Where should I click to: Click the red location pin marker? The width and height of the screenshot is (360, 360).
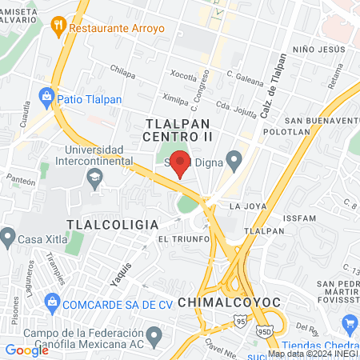click(x=181, y=162)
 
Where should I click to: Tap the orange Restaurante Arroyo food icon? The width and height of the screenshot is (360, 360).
click(x=58, y=26)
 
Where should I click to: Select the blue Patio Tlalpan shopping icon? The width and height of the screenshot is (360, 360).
click(x=46, y=98)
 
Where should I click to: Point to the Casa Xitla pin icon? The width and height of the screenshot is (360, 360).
click(x=8, y=236)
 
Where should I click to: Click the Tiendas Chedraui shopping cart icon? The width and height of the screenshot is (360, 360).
click(x=350, y=324)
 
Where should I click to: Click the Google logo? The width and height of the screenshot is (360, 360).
click(x=26, y=350)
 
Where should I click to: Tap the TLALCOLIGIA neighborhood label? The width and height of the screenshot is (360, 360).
click(x=112, y=225)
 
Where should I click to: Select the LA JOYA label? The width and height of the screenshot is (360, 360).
click(x=246, y=206)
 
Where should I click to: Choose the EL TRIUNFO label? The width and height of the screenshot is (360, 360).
click(x=182, y=239)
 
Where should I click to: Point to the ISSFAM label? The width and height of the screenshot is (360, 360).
click(x=301, y=218)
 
